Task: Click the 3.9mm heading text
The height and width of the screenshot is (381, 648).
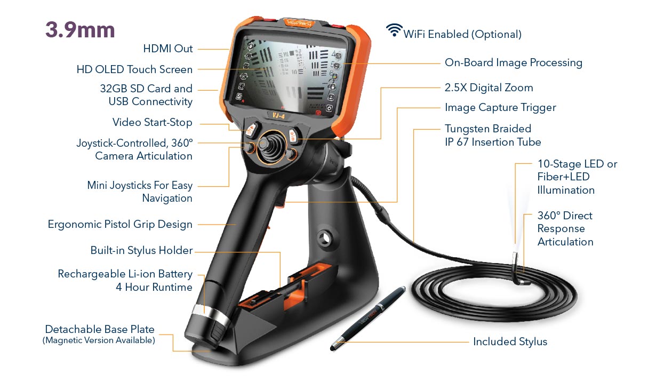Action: click(x=80, y=30)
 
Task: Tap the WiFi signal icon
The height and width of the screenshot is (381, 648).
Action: click(x=394, y=30)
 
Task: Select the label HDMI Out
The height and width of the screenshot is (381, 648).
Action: click(x=168, y=49)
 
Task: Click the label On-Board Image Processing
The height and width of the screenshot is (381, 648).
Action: click(x=514, y=63)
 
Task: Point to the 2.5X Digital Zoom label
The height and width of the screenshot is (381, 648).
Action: click(x=489, y=88)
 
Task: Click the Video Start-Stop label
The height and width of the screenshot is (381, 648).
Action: click(x=152, y=123)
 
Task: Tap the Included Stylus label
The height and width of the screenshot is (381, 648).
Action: click(x=510, y=342)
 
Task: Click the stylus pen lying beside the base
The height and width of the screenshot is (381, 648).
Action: click(x=368, y=318)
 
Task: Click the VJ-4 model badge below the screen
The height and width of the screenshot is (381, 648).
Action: click(x=278, y=116)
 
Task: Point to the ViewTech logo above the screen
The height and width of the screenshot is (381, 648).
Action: click(x=298, y=23)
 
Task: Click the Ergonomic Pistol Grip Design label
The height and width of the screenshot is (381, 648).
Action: click(x=120, y=225)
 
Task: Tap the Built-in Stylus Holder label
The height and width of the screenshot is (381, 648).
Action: click(x=141, y=250)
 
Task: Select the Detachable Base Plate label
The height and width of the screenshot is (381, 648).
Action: click(x=100, y=329)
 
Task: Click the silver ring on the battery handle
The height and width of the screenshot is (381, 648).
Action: click(x=211, y=315)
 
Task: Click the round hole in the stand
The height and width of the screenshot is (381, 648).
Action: click(x=325, y=239)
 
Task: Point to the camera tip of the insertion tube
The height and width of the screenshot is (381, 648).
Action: click(x=515, y=257)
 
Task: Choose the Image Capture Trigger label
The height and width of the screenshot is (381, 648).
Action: click(x=500, y=108)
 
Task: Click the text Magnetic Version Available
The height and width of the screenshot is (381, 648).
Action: click(x=99, y=340)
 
